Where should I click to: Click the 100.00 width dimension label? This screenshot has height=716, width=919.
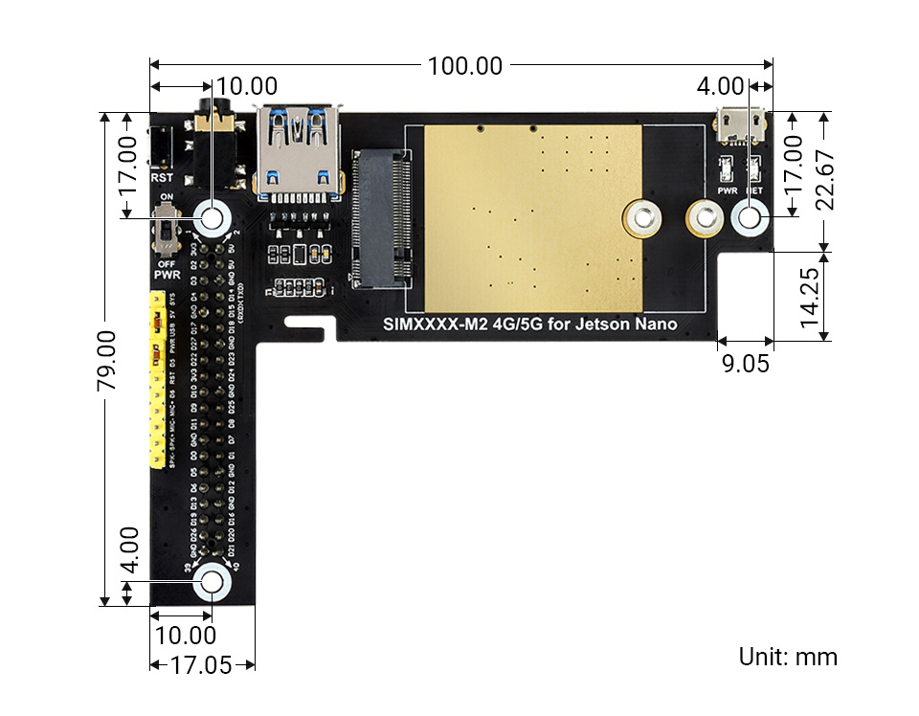point(464,66)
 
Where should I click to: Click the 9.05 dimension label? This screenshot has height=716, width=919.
point(744,363)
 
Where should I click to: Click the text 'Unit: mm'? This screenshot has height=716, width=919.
point(787,657)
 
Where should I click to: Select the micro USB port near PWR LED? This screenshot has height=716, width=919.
point(742,122)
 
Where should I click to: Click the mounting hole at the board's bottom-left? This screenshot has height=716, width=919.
point(212,581)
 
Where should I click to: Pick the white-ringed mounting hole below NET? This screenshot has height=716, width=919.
point(749,219)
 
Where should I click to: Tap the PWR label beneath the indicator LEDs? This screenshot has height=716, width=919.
point(727,190)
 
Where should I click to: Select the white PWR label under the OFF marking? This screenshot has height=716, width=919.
point(168,275)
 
